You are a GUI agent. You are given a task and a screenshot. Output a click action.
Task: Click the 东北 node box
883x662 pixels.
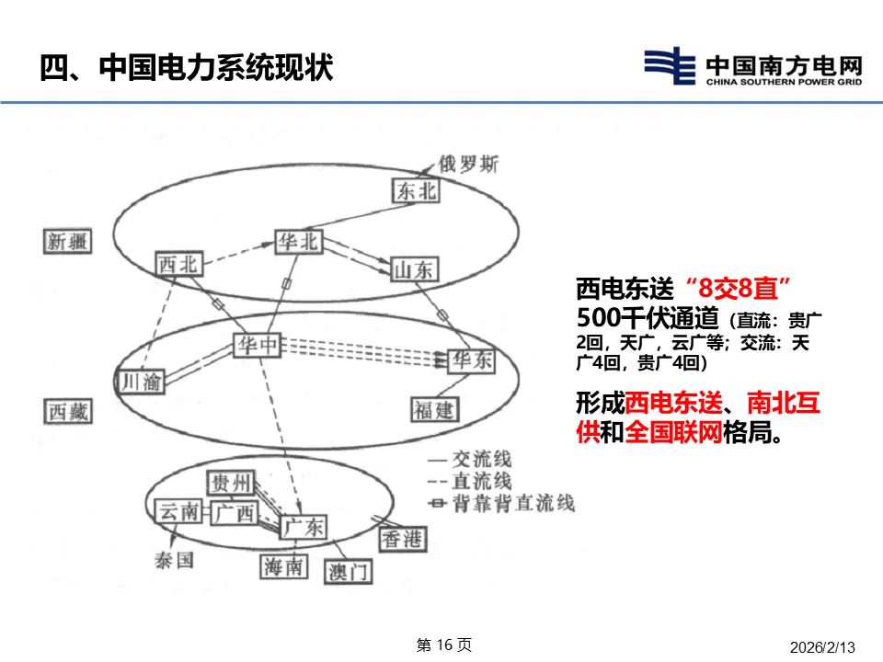[415, 190]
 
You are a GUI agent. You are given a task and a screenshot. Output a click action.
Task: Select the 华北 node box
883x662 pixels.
[299, 241]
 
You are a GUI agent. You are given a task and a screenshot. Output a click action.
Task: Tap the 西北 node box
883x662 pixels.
[178, 264]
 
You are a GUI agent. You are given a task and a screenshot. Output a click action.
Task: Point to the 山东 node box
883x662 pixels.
[416, 268]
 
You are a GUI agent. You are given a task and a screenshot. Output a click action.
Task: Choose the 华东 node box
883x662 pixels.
[472, 360]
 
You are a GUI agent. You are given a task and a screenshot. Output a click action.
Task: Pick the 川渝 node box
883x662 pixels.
[141, 380]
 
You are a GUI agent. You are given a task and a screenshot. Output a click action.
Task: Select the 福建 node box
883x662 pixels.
[435, 408]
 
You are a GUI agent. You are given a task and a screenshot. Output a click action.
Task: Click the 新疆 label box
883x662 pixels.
[69, 241]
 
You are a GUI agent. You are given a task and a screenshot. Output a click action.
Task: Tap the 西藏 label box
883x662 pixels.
[70, 411]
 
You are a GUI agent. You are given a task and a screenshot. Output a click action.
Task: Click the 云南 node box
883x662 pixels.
[178, 512]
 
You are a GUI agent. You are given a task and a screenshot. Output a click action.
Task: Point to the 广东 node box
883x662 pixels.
[304, 527]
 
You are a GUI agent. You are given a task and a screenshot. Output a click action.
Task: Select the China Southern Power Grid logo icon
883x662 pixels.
[670, 66]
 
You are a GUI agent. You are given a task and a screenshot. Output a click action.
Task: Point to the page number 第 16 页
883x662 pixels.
[444, 645]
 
